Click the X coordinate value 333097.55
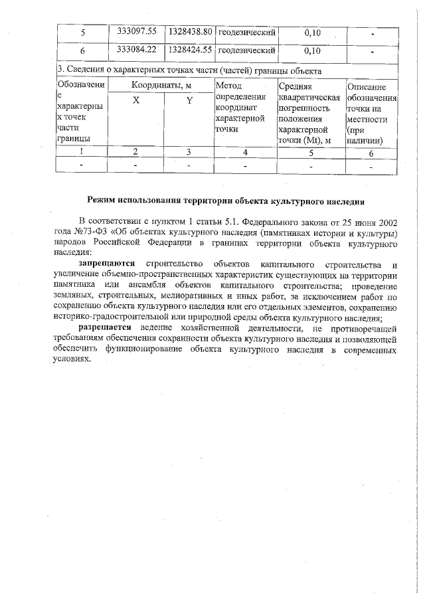(x=135, y=31)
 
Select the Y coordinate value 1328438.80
(x=189, y=31)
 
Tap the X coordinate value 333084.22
(x=135, y=49)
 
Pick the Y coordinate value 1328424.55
(x=189, y=49)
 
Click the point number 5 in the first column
(x=82, y=32)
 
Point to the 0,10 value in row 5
(x=311, y=32)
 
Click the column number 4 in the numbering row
(x=244, y=153)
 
